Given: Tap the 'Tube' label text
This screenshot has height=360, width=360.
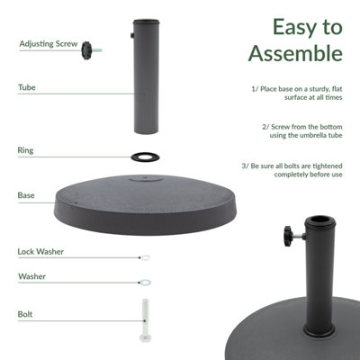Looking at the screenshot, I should (26, 88).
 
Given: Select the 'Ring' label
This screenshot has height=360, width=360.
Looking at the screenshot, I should (26, 149).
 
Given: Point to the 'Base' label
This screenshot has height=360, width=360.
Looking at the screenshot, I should (26, 194).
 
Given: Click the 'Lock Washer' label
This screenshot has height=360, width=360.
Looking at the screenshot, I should (40, 252).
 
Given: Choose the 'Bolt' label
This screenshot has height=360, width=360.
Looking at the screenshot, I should (25, 315).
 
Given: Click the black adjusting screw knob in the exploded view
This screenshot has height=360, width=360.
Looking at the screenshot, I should (88, 49).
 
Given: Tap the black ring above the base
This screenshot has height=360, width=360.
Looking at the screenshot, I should (144, 156).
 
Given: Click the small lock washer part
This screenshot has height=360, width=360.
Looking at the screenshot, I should (145, 257).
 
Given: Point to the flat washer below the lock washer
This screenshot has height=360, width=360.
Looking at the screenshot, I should (145, 283).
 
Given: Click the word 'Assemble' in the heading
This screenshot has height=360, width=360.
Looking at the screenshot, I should (297, 54).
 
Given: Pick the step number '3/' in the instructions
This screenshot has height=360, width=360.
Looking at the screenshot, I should (245, 165).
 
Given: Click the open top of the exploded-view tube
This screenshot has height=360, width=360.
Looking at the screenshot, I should (144, 20).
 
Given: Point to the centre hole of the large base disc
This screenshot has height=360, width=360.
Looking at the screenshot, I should (144, 181).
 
